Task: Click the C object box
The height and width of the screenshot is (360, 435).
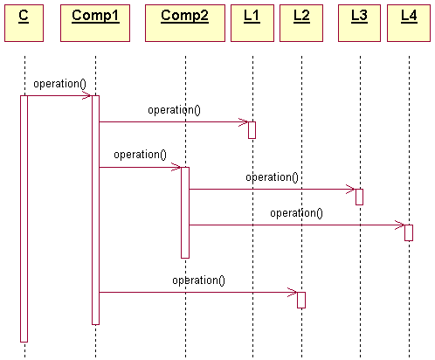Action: pos(24,23)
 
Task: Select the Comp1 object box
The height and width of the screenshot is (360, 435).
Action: pos(95,23)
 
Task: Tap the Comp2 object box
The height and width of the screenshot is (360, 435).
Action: pos(185,23)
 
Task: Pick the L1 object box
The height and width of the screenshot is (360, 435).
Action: pos(252,23)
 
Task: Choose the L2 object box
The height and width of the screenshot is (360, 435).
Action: pos(301,23)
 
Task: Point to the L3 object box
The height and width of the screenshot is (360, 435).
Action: pos(359,23)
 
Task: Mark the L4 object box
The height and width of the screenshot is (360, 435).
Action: pos(409,23)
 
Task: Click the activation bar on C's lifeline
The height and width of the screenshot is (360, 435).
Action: pos(24,218)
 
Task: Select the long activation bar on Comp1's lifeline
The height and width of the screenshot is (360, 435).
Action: pos(95,210)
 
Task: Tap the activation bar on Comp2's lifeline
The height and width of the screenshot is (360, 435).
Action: pos(185,212)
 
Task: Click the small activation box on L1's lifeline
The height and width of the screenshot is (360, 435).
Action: pos(252,130)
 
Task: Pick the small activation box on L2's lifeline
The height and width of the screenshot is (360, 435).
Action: pos(301,300)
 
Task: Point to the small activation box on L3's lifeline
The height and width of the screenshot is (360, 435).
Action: pos(359,197)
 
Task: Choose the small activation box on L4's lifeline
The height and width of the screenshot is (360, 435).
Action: pos(409,232)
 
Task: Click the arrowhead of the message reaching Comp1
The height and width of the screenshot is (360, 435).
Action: pos(87,95)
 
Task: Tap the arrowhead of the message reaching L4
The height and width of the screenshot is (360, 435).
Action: pos(400,225)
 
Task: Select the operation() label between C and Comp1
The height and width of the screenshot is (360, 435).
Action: pos(60,84)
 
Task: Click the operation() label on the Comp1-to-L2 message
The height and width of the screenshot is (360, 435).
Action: pos(198,280)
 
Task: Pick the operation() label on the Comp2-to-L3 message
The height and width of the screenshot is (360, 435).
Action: pos(272,177)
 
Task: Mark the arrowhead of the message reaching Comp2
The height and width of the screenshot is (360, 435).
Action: pos(176,167)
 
